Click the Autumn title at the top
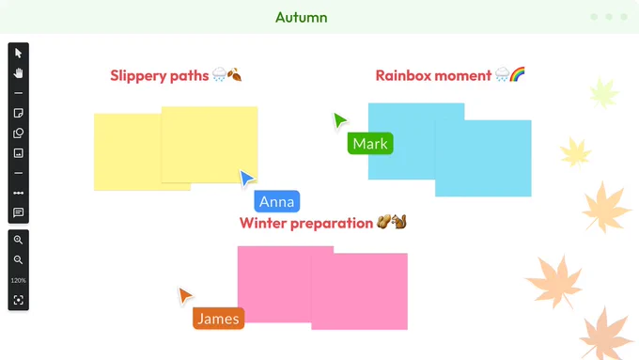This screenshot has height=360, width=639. tap(301, 18)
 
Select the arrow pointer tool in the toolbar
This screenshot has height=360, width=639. tap(19, 53)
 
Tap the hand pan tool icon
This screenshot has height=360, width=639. tap(19, 73)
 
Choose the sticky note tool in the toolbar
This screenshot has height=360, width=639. tap(19, 113)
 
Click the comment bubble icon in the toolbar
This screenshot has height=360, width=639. tap(19, 212)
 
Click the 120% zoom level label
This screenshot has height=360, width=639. tap(19, 280)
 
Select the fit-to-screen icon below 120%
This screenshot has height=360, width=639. tap(19, 300)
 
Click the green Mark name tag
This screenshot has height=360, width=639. tap(370, 144)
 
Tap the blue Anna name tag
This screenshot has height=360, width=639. tap(276, 201)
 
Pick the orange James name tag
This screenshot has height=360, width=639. tap(218, 319)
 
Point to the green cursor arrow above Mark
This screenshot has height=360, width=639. tap(339, 120)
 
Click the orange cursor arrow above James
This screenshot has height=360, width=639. tap(184, 295)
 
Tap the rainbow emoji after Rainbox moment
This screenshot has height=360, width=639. tap(517, 74)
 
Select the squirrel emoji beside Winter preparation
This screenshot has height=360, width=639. tap(399, 222)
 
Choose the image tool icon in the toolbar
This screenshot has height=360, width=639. tap(19, 153)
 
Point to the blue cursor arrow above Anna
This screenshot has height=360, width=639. tap(246, 179)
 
